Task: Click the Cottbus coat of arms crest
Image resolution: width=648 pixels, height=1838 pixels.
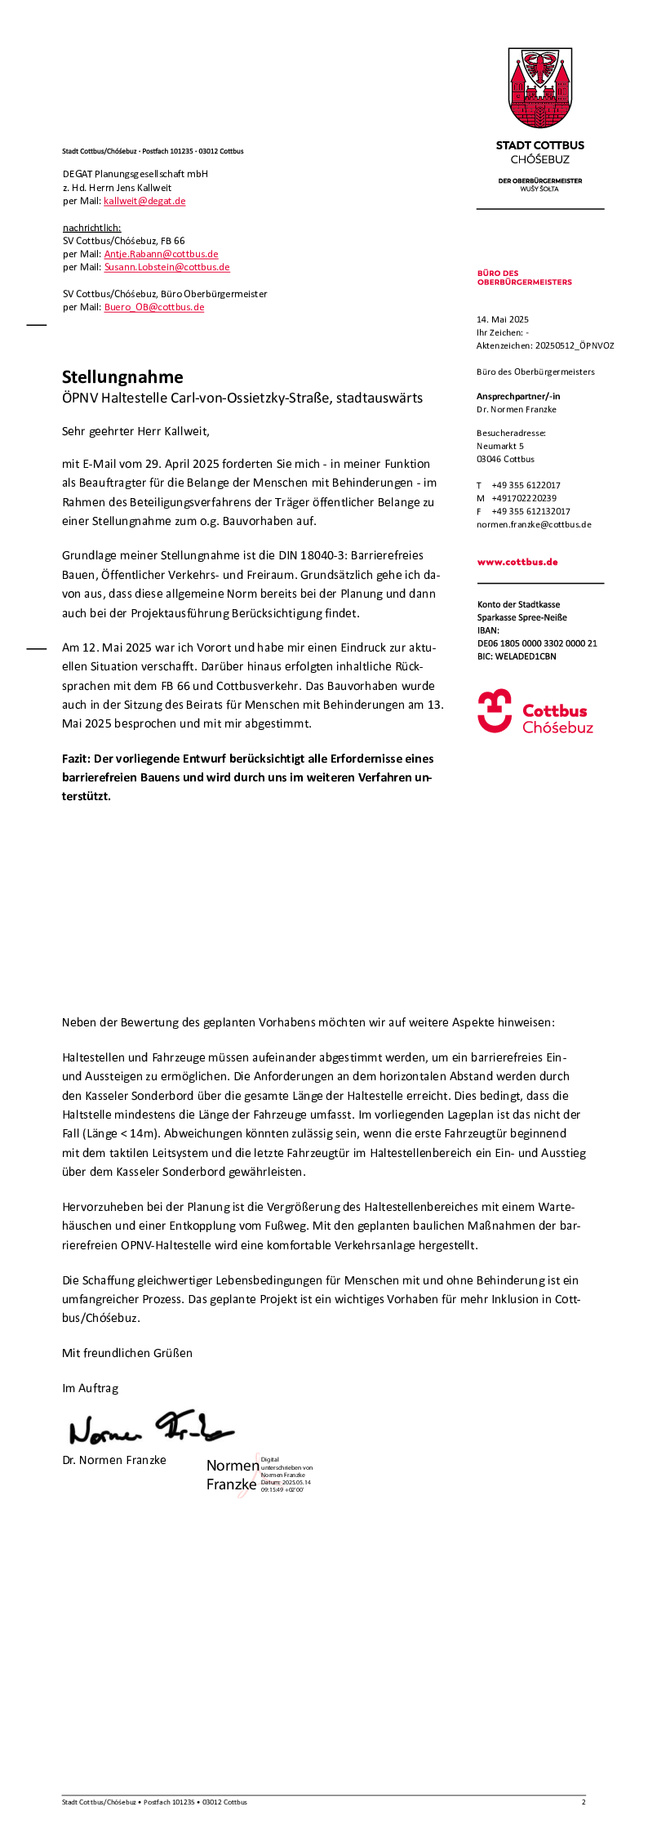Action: (539, 88)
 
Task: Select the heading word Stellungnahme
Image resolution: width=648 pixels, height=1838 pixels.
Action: (122, 377)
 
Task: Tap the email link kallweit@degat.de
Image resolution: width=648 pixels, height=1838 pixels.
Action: (144, 201)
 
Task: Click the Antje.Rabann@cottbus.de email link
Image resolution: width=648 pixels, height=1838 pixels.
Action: (161, 254)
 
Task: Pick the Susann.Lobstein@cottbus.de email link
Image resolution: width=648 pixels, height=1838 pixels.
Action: (166, 267)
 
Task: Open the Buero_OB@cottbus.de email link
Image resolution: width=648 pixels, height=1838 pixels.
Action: (154, 307)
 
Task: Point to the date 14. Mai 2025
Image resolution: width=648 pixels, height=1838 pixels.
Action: (503, 319)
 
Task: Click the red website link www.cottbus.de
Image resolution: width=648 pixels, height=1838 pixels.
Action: (517, 562)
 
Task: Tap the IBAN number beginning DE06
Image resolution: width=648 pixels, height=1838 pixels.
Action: (537, 643)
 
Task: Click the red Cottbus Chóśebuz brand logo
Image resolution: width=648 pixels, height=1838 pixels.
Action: (535, 712)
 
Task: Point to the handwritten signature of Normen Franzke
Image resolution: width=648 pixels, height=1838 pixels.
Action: (151, 1428)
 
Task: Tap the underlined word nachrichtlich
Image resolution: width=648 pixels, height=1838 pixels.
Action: (91, 228)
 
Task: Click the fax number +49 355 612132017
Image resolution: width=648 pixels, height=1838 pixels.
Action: (530, 511)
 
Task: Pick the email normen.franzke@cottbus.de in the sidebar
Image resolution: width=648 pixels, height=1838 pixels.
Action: (534, 524)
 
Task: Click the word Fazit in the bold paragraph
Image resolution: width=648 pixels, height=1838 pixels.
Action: (76, 759)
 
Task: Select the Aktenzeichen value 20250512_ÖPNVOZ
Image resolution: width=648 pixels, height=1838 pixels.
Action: (575, 345)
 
